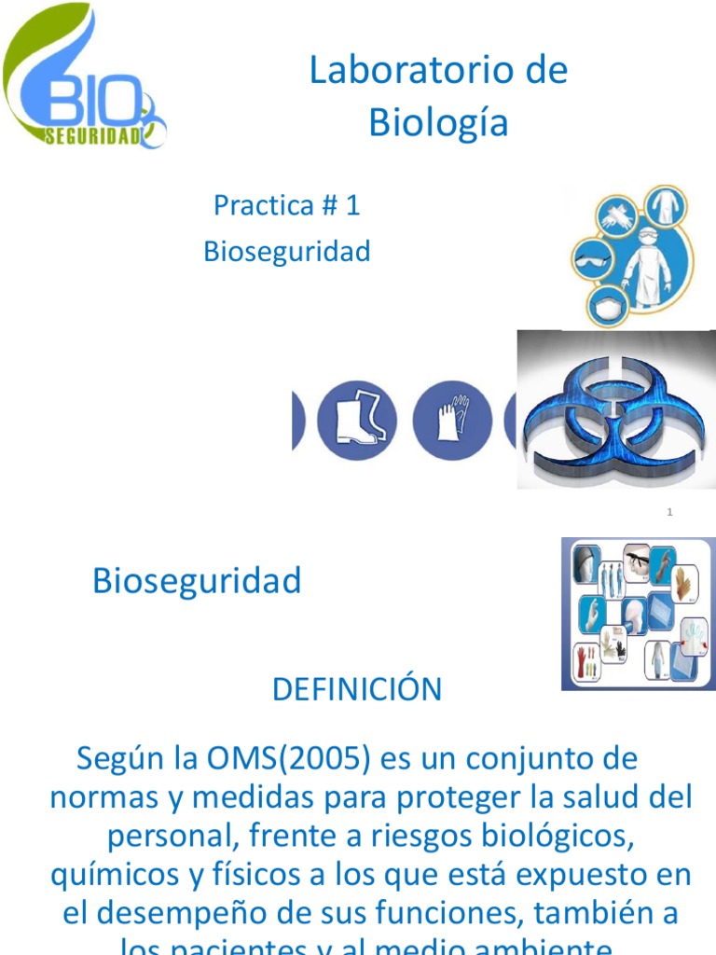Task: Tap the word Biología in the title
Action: coord(438,122)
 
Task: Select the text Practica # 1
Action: coord(286,205)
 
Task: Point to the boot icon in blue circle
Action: coord(357,420)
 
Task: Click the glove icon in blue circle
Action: coord(452,420)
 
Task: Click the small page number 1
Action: coord(669,512)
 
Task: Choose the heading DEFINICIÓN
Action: coord(357,690)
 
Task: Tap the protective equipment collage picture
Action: coord(637,614)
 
